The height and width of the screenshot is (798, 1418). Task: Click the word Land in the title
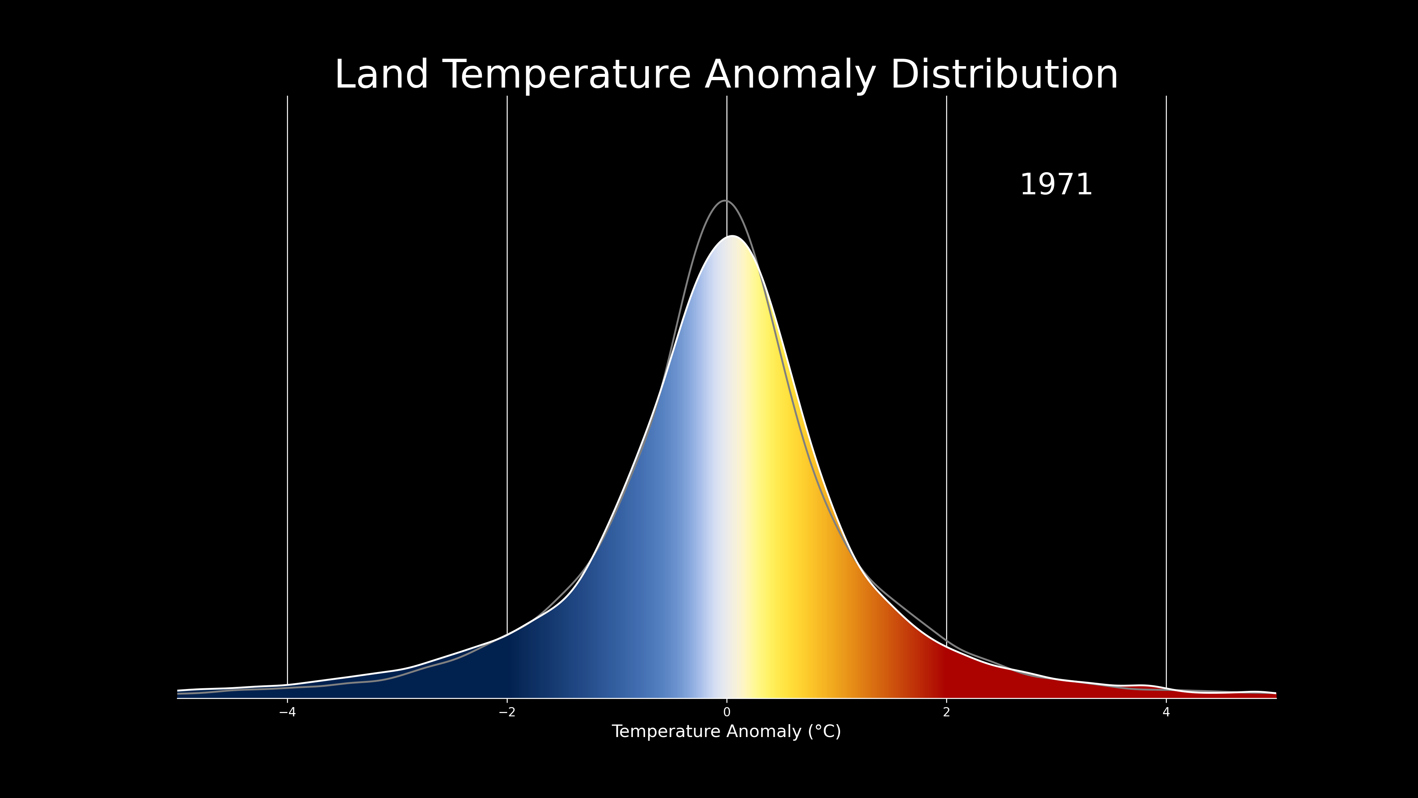pyautogui.click(x=381, y=75)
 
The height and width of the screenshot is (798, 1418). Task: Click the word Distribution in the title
pyautogui.click(x=1004, y=75)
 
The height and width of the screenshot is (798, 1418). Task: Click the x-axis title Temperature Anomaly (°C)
pyautogui.click(x=726, y=732)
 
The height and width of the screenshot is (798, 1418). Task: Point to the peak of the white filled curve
pyautogui.click(x=732, y=236)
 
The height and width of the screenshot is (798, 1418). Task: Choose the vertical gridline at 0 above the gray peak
pyautogui.click(x=727, y=148)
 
